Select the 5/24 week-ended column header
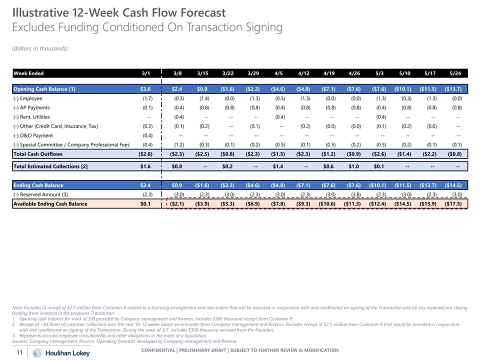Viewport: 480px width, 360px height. pos(454,73)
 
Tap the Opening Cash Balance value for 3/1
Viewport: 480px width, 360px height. pos(145,89)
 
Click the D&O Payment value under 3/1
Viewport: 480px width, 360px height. pos(147,135)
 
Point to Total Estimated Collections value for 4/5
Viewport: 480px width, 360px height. pos(278,166)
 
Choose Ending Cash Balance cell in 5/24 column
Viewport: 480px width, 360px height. pos(453,185)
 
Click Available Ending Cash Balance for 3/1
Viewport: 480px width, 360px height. pos(145,204)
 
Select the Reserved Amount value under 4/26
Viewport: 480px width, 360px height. pos(354,195)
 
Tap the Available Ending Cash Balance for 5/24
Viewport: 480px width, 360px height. pos(453,204)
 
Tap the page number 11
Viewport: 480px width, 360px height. pos(19,352)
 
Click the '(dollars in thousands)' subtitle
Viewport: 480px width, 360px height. pos(40,48)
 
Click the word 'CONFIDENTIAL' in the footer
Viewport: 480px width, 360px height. pos(159,350)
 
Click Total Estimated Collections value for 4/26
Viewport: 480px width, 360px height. pos(354,166)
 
